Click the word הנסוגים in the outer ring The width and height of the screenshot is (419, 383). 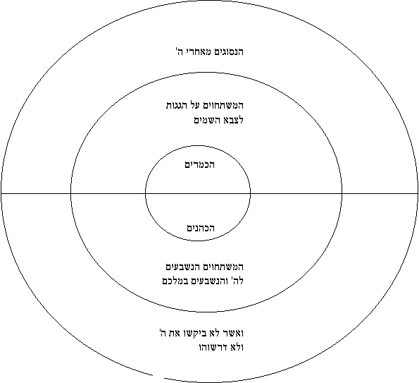227,51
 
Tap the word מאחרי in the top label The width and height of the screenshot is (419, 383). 196,51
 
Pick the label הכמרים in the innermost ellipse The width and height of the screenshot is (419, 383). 199,164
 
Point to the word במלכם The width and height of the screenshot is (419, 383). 173,281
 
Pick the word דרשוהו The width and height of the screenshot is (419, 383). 212,348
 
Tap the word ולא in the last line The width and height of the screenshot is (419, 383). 235,348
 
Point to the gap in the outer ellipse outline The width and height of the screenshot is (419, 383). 158,377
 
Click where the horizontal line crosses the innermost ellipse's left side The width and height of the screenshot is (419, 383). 145,193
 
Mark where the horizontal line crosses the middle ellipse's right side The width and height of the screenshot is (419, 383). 342,193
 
